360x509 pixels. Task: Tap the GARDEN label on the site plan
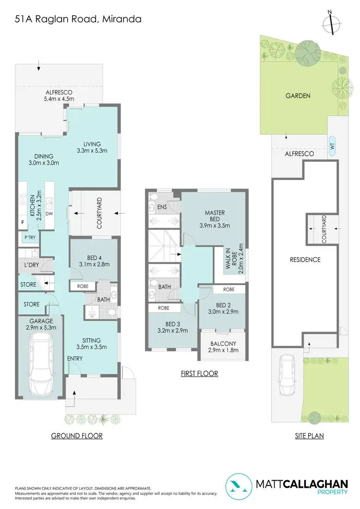click(298, 95)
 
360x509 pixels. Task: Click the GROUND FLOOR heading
click(77, 436)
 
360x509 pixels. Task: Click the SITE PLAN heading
click(309, 436)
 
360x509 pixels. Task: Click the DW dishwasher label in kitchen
click(49, 213)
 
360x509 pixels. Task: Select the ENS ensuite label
click(163, 207)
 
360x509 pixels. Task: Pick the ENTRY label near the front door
click(75, 358)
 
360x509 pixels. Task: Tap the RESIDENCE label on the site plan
click(305, 260)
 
